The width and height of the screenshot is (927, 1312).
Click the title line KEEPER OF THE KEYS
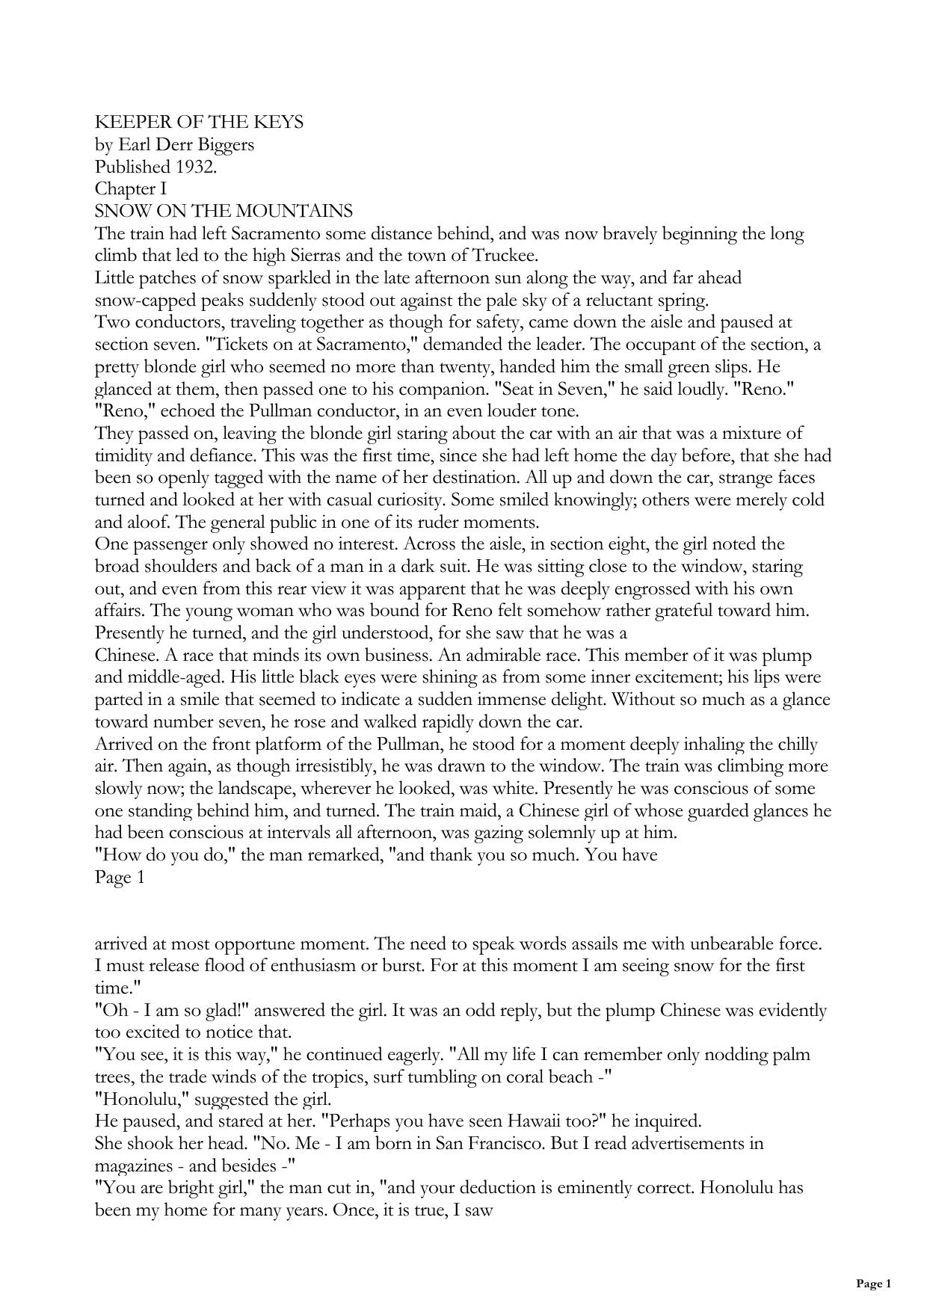tap(199, 123)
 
